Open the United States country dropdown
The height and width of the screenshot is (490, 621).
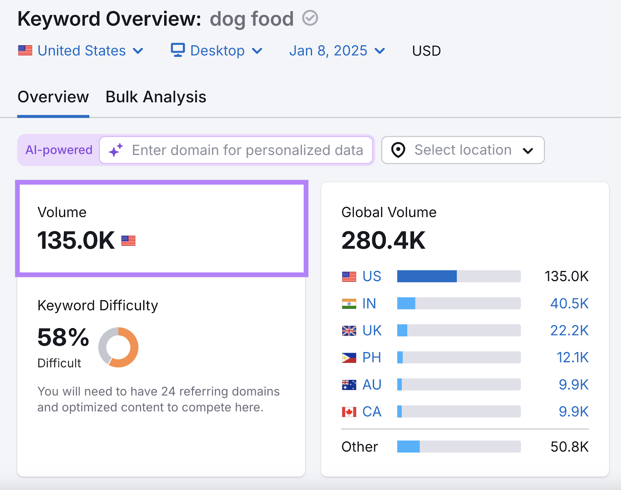coord(81,51)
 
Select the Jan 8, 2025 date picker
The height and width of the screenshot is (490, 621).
coord(337,51)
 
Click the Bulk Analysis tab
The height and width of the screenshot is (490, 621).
coord(156,97)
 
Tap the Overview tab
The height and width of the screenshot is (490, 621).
coord(53,97)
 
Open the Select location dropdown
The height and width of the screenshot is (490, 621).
coord(463,150)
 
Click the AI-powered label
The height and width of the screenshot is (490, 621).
coord(59,150)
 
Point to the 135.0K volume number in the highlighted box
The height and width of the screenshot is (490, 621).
coord(76,240)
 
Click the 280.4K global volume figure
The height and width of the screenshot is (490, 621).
coord(383,240)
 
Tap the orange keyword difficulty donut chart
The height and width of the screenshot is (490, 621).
coord(118,347)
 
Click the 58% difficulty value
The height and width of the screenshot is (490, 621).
coord(63,337)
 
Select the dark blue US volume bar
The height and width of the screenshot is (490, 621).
coord(427,276)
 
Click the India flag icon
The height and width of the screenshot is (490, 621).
coord(349,304)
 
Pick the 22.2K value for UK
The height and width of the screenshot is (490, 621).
coord(569,330)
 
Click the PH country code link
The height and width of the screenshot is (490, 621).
coord(371,358)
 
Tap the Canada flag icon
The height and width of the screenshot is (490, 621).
coord(349,412)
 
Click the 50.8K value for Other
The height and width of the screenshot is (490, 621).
coord(569,447)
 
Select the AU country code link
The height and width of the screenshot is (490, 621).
coord(371,385)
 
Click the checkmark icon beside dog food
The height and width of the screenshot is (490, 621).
coord(310,18)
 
